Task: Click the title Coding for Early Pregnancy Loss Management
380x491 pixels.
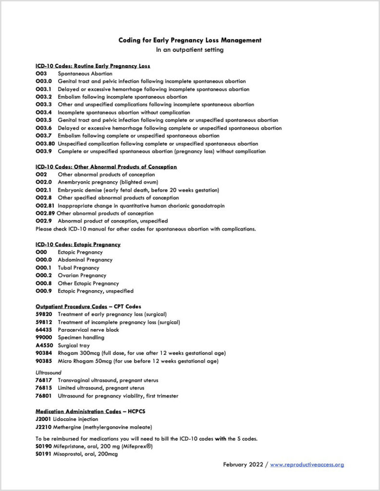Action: [190, 40]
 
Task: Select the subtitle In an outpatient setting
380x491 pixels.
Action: [190, 50]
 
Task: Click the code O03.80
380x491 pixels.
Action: [45, 144]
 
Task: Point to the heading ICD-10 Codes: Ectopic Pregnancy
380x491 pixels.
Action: [78, 245]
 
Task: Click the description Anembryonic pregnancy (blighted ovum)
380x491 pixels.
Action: [108, 182]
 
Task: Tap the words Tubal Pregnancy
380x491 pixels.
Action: [78, 268]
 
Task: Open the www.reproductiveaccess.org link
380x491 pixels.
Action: [307, 465]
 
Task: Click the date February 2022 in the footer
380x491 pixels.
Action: [243, 465]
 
